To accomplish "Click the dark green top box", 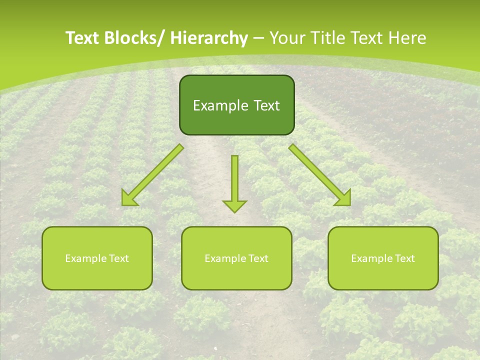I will [x=236, y=105].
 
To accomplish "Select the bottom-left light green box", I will [x=97, y=258].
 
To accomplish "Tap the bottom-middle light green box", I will [x=236, y=258].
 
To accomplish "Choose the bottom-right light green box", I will [x=383, y=258].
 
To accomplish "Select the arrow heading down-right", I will [x=320, y=174].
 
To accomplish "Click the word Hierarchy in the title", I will [x=209, y=38].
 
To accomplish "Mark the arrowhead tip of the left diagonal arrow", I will [x=123, y=204].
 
